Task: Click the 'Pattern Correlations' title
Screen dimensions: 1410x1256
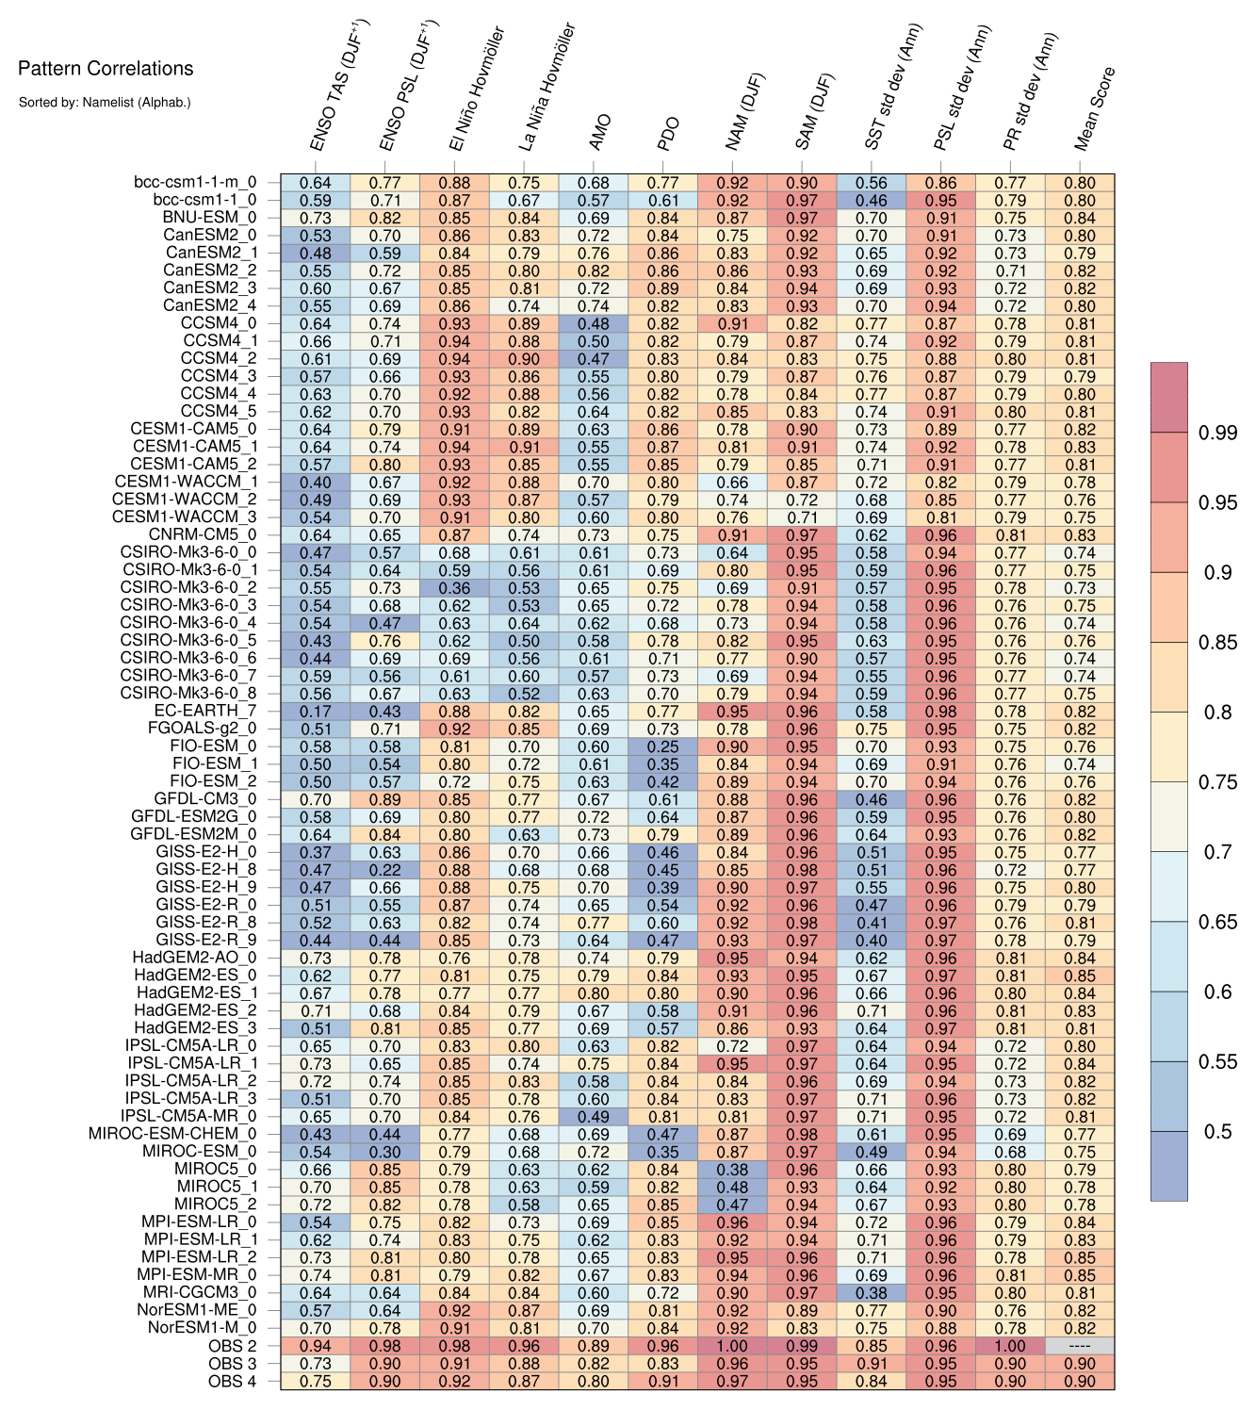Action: pos(106,68)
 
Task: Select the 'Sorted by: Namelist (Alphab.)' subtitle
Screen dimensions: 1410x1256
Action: pos(105,102)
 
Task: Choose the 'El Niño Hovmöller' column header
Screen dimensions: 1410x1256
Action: pos(477,90)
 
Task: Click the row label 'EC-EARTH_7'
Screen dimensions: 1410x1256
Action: pos(205,711)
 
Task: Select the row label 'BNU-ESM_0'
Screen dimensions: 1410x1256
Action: pos(209,218)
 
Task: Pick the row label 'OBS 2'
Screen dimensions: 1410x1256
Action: pos(232,1346)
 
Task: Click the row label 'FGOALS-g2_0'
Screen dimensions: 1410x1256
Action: pos(202,729)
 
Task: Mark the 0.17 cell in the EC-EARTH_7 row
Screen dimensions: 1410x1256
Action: pos(316,711)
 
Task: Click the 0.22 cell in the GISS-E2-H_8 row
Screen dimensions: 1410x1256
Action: pos(384,870)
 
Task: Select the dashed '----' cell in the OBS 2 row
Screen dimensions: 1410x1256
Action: pos(1080,1346)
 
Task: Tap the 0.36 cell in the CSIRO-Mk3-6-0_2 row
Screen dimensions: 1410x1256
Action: pos(454,587)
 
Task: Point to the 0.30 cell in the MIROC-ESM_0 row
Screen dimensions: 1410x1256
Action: pos(384,1152)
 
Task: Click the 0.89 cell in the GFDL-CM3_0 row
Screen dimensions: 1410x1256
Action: pos(384,799)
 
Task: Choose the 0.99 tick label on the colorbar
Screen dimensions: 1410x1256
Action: pos(1217,433)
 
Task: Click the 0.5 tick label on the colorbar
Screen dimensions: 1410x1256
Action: pos(1217,1131)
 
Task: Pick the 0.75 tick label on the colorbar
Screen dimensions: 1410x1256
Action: pos(1217,782)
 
